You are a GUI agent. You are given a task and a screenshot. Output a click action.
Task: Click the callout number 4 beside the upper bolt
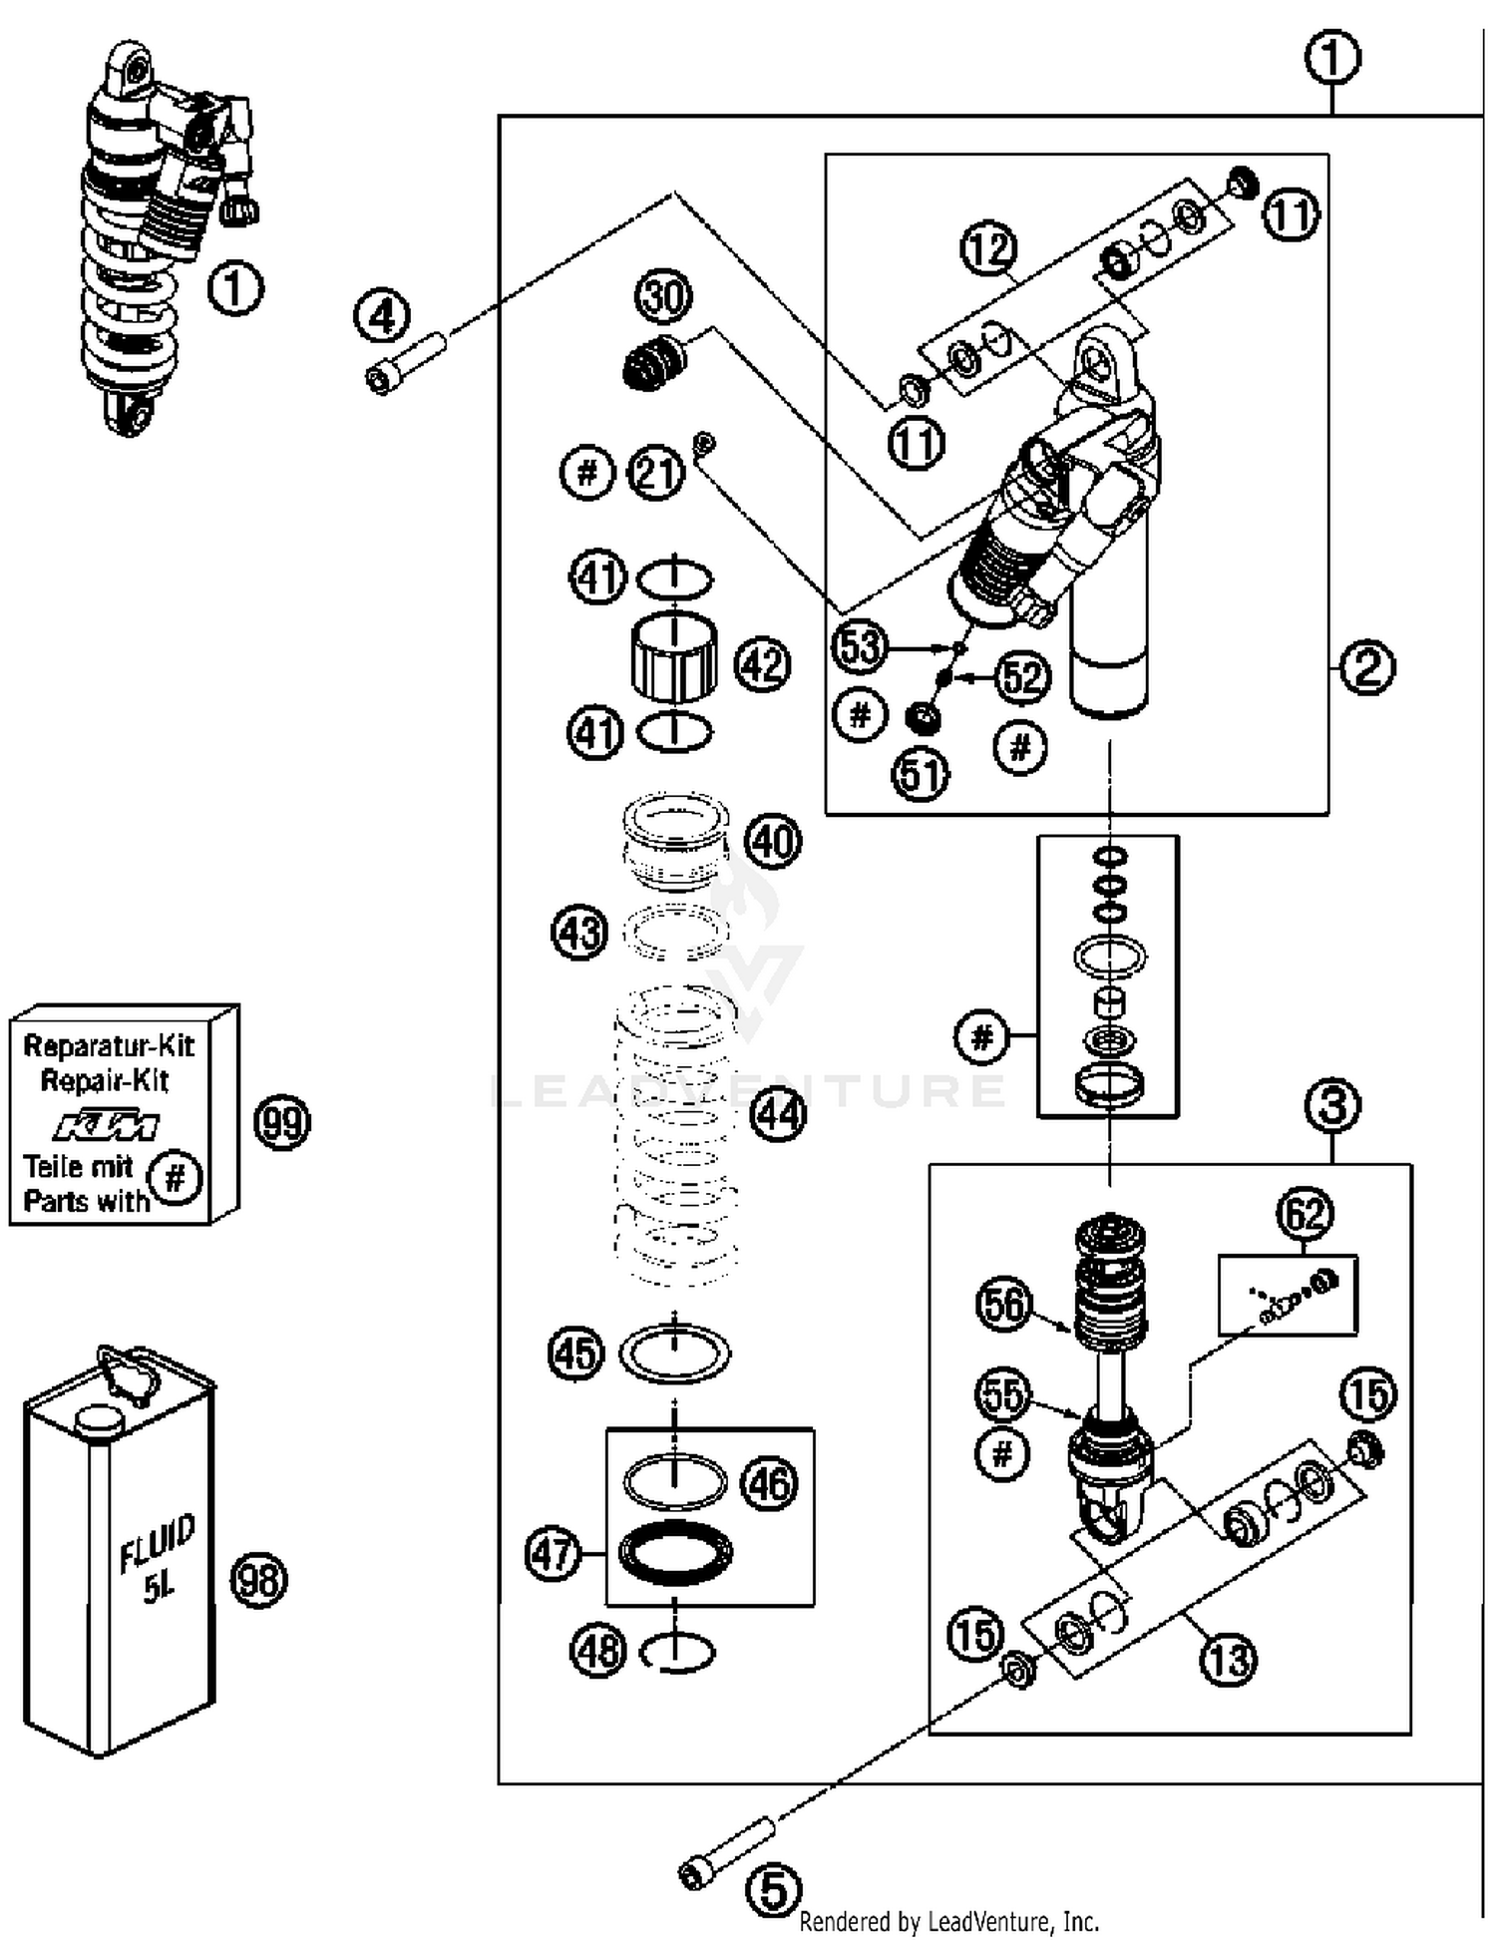coord(382,317)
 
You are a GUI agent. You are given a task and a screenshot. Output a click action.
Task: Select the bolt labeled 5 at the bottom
coord(729,1851)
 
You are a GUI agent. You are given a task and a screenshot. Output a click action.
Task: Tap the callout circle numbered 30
coord(663,296)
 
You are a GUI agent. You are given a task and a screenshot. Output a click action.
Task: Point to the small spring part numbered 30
coord(653,364)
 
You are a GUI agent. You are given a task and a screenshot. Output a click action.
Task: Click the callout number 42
coord(763,664)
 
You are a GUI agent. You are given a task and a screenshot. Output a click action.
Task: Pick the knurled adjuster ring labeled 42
coord(674,657)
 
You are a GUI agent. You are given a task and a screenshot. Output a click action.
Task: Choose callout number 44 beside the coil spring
coord(778,1112)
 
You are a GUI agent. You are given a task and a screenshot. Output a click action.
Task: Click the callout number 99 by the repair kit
coord(282,1122)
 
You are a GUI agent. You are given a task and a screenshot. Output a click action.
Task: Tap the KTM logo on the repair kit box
coord(106,1125)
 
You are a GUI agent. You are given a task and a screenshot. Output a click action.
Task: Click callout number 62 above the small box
coord(1305,1214)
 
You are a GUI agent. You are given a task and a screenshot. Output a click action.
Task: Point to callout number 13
coord(1228,1660)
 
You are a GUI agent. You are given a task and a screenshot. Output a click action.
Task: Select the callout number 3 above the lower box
coord(1333,1105)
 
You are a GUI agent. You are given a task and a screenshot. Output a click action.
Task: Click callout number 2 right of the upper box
coord(1367,667)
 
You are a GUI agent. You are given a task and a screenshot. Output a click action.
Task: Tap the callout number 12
coord(988,248)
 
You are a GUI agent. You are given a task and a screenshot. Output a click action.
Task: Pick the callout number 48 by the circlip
coord(597,1651)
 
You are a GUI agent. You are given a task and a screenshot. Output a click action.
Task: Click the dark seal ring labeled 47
coord(675,1553)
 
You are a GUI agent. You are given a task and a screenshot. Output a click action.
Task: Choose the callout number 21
coord(656,472)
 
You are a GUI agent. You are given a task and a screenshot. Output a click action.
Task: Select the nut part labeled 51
coord(923,716)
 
